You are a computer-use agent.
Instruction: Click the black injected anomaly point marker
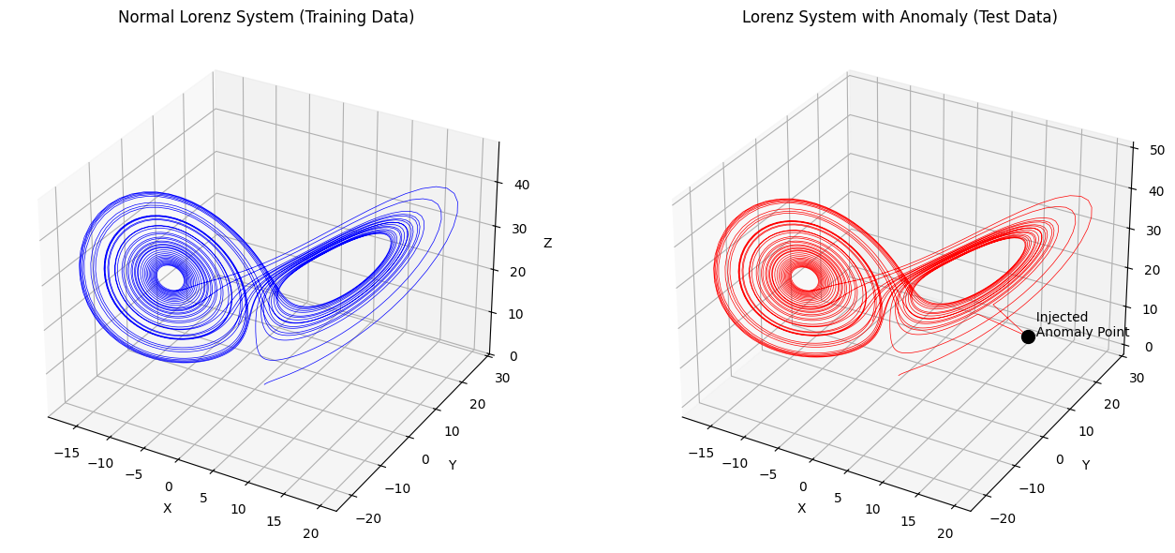(x=1028, y=336)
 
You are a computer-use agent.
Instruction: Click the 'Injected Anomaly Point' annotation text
(x=1081, y=324)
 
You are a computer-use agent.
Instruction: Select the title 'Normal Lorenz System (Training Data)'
(x=266, y=17)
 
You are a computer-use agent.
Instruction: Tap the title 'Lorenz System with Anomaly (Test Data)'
(x=900, y=17)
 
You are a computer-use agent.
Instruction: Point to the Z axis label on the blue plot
(x=547, y=243)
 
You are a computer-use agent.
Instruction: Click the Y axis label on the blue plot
(x=452, y=465)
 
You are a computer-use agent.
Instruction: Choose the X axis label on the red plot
(x=801, y=508)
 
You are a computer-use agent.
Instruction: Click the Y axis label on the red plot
(x=1086, y=465)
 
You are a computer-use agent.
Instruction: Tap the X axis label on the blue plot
(x=168, y=508)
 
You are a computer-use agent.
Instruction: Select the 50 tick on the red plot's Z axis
(x=1154, y=149)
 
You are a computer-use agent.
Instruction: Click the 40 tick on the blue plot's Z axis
(x=521, y=185)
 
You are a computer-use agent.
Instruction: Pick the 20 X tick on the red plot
(x=944, y=533)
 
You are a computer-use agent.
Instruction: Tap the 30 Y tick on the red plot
(x=1138, y=378)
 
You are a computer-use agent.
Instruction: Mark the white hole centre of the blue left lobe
(x=171, y=277)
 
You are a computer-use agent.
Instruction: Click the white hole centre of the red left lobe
(x=805, y=278)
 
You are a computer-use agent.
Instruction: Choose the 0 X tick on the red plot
(x=803, y=486)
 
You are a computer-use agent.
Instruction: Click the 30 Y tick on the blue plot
(x=503, y=378)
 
